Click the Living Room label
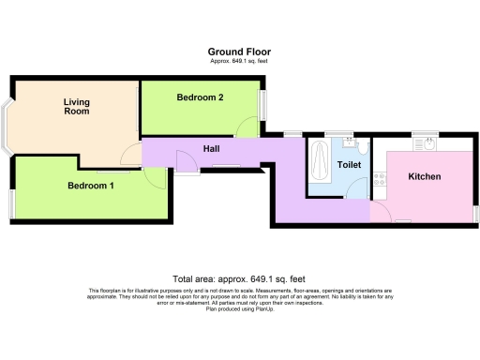click(x=76, y=106)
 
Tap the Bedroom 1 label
click(x=91, y=186)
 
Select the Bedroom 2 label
click(x=200, y=97)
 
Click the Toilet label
click(x=349, y=165)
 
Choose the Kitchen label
click(x=425, y=176)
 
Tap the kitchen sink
click(x=429, y=144)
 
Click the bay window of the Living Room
click(x=8, y=126)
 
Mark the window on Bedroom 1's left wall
click(x=12, y=202)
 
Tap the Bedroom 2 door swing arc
click(x=246, y=127)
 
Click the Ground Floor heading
click(x=239, y=52)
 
